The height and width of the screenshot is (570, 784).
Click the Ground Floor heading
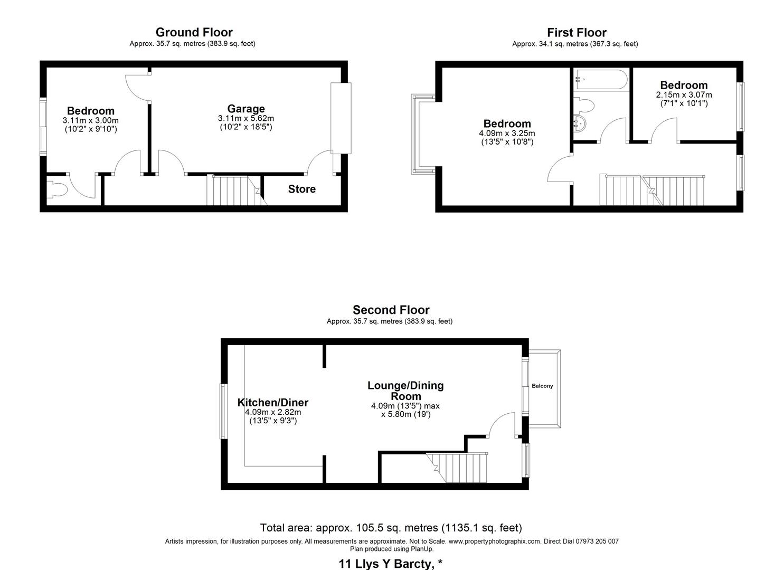click(194, 33)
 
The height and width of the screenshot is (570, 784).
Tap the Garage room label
click(245, 109)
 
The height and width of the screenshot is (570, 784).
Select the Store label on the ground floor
click(301, 189)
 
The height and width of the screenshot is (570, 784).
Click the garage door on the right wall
click(341, 118)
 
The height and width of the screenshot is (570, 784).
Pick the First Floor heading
click(577, 33)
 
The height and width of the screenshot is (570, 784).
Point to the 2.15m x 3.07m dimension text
click(684, 95)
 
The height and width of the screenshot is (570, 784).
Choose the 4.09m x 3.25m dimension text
click(507, 134)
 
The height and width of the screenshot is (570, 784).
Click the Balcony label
click(542, 386)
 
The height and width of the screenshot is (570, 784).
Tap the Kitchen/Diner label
click(272, 403)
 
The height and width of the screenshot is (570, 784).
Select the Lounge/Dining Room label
click(405, 391)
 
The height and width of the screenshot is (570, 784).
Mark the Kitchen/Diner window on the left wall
click(224, 411)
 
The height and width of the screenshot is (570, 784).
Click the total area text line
click(391, 528)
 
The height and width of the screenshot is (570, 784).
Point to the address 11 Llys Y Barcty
click(391, 564)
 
